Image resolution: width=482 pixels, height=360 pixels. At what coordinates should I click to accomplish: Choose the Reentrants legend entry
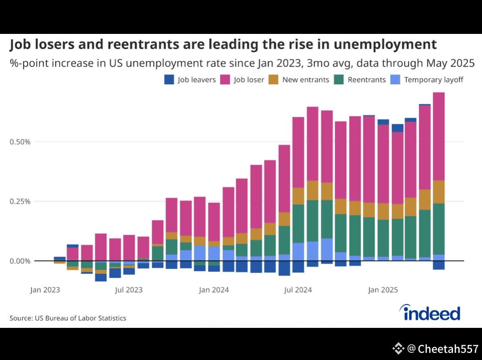tap(361, 80)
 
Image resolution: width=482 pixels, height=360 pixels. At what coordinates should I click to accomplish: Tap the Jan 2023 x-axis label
tap(45, 290)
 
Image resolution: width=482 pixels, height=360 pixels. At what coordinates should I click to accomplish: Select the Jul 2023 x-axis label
tap(129, 290)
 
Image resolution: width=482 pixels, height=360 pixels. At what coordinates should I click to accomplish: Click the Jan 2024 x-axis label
tap(214, 290)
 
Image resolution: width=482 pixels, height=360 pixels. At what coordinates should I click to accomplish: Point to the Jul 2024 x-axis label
tap(298, 290)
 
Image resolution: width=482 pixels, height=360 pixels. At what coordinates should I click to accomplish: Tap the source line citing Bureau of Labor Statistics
tap(68, 318)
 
